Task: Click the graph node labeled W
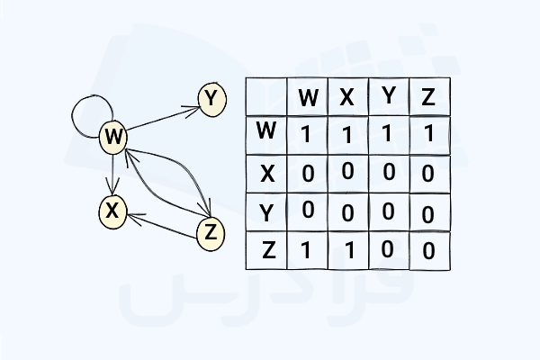pos(113,138)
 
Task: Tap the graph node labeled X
pos(112,211)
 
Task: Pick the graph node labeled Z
pos(210,233)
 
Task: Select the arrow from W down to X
pos(111,174)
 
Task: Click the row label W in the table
pos(265,132)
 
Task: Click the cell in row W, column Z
pos(429,133)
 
